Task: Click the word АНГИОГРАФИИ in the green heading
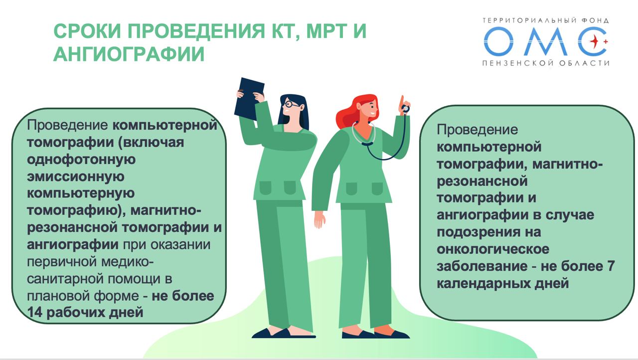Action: pos(129,54)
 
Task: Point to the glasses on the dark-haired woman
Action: pos(291,104)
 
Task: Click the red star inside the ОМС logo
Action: pos(595,42)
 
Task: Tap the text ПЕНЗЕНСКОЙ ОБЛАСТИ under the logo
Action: pos(546,63)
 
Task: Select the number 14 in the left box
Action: pos(35,313)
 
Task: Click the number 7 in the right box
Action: pos(611,266)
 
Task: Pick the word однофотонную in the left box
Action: pos(81,160)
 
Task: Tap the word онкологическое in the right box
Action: pos(493,249)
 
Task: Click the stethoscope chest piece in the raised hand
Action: pos(405,108)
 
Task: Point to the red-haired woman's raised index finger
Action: pos(402,101)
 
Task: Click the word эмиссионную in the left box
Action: pos(75,177)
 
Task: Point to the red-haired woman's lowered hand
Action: pos(320,219)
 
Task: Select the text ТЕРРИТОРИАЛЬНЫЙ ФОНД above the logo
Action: pos(546,20)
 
